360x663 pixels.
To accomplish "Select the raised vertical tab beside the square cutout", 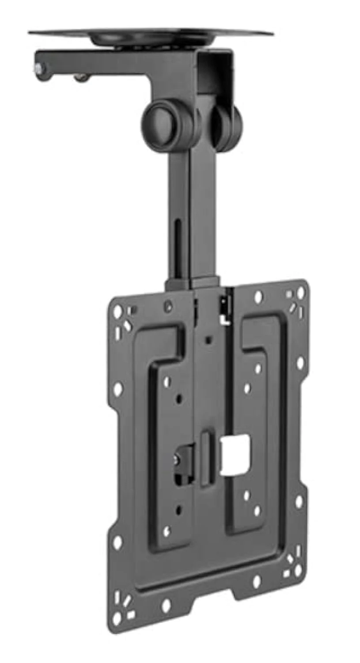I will [x=206, y=457].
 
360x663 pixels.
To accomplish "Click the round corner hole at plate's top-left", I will [x=117, y=312].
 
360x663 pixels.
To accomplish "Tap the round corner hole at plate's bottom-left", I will [x=117, y=617].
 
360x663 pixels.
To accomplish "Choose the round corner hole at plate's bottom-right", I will [x=298, y=570].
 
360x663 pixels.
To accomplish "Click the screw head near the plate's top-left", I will [x=168, y=306].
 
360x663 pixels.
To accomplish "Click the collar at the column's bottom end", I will [x=193, y=283].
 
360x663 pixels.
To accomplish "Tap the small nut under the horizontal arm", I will [x=81, y=78].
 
